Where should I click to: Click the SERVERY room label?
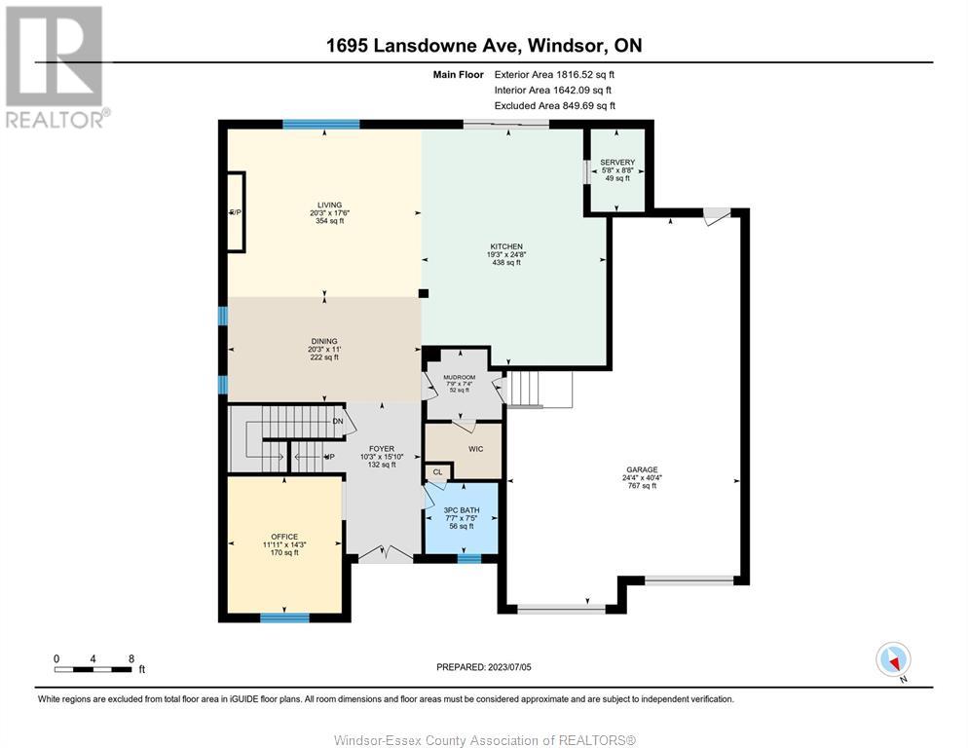click(617, 163)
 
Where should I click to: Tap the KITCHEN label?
click(506, 246)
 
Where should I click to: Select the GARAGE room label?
click(642, 469)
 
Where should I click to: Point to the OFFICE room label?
click(284, 537)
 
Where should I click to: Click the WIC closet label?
click(476, 449)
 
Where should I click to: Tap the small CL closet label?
click(437, 472)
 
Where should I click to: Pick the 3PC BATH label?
click(462, 510)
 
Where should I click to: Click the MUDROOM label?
click(460, 377)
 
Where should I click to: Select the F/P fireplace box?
click(236, 212)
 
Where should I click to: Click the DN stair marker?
click(338, 422)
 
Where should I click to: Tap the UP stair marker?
click(330, 457)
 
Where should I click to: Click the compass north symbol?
click(893, 660)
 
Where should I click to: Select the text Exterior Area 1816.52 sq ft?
click(554, 75)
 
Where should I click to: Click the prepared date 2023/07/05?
click(509, 667)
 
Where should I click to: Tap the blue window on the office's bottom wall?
click(284, 617)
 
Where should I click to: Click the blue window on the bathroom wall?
click(469, 558)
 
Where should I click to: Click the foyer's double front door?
click(386, 553)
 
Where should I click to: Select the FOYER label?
click(382, 449)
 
